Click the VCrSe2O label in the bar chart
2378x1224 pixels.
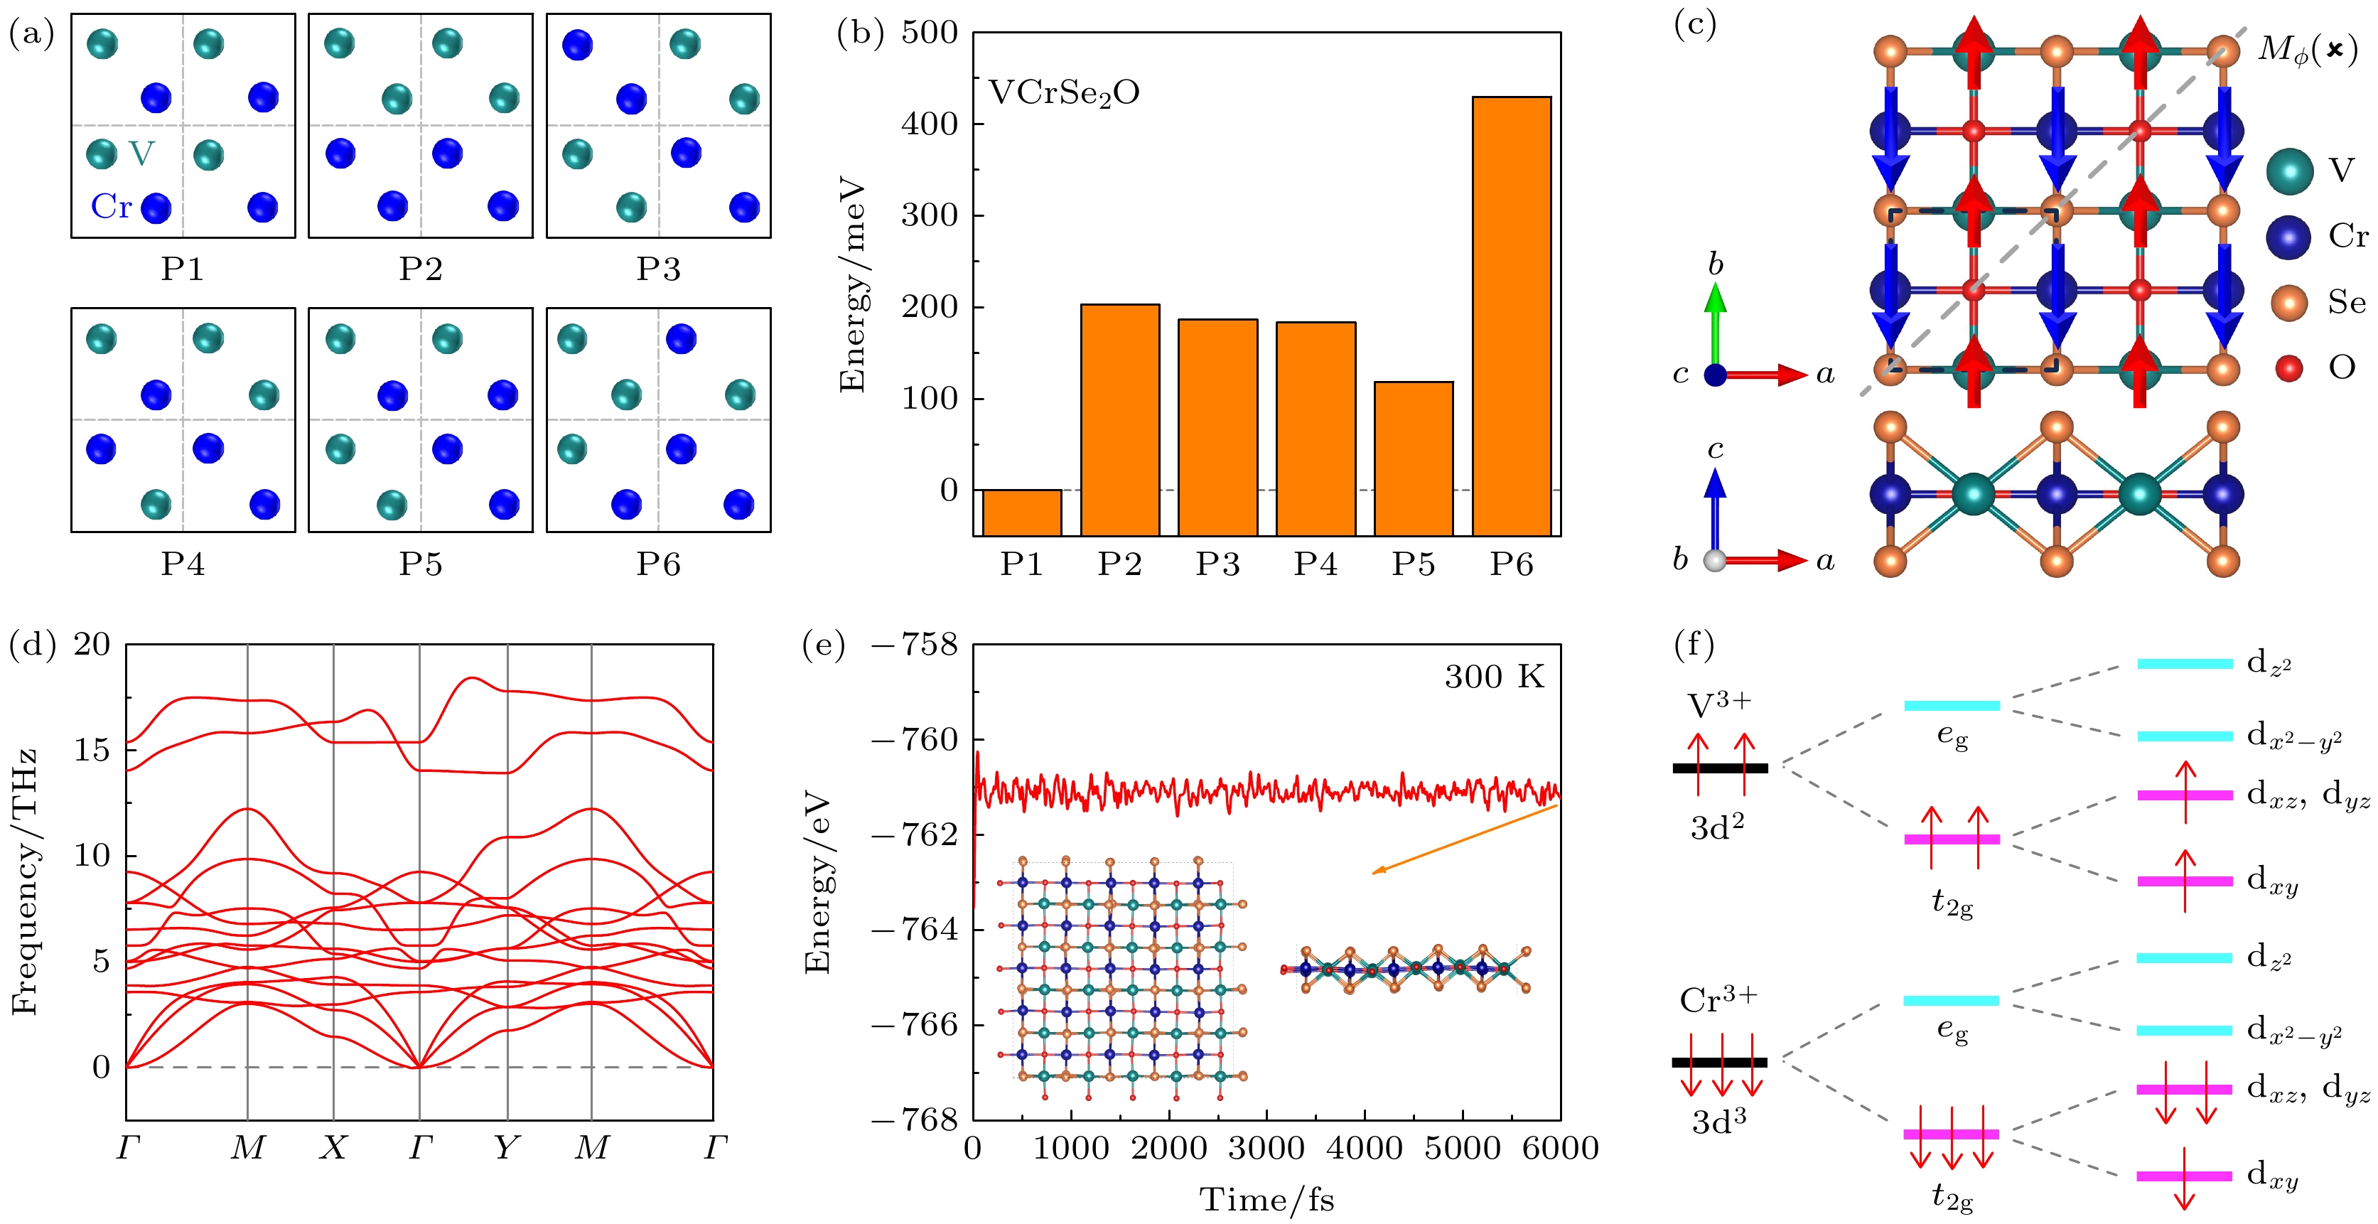point(1063,93)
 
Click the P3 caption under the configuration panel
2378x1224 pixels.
point(658,269)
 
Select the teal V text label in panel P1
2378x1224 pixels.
point(141,154)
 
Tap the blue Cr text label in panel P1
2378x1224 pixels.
point(112,207)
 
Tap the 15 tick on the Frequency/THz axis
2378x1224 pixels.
point(92,749)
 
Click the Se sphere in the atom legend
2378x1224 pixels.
point(2288,303)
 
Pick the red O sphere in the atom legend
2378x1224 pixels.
point(2288,368)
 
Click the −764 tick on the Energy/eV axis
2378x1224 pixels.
point(915,928)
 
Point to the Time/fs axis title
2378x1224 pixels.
point(1266,1200)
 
